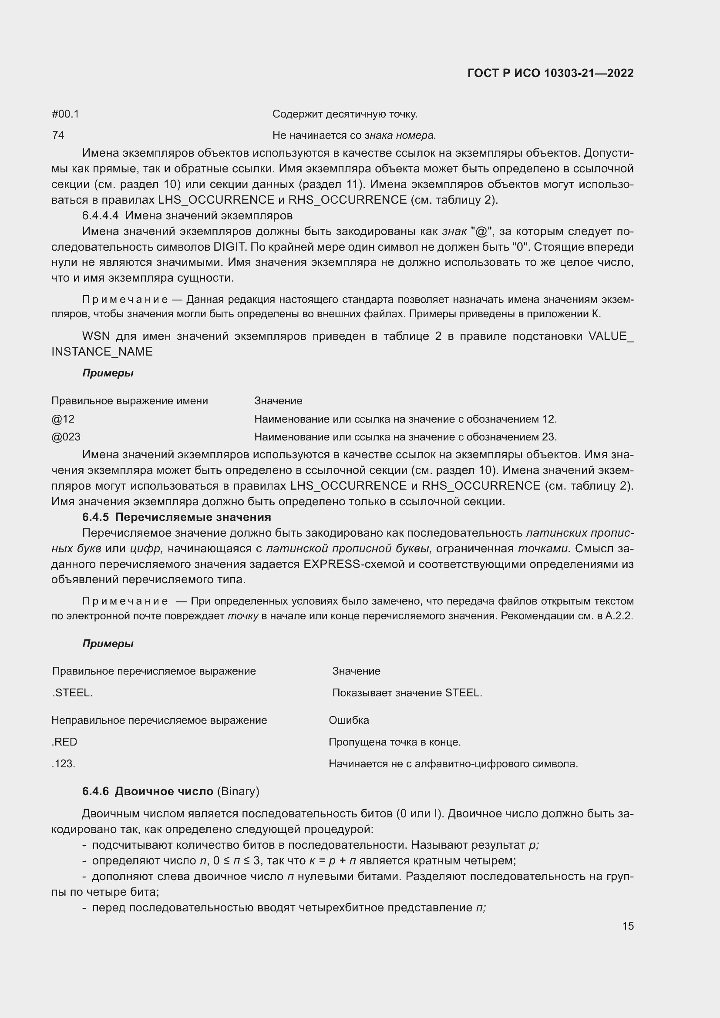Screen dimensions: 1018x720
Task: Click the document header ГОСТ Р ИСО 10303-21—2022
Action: [x=550, y=73]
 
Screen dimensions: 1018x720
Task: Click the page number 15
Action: [x=628, y=926]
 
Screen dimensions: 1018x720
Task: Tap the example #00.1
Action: [x=65, y=114]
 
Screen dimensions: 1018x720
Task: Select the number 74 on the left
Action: [x=58, y=135]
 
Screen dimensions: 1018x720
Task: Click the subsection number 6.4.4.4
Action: [x=100, y=216]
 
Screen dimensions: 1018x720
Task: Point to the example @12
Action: [x=63, y=419]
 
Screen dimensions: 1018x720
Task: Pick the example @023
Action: [x=66, y=437]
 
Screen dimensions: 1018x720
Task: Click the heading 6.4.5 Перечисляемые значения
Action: [x=176, y=517]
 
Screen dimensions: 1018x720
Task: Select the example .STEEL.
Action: [x=72, y=693]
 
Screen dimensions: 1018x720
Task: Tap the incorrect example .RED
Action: [x=64, y=742]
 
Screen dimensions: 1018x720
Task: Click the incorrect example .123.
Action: [x=64, y=764]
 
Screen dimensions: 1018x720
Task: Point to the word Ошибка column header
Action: [x=349, y=720]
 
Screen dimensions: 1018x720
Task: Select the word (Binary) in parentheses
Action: [x=238, y=791]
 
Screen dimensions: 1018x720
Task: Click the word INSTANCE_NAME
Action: [x=102, y=352]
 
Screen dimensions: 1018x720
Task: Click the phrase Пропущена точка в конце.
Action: [x=394, y=742]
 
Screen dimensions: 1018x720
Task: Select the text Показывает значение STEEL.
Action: [x=407, y=693]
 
